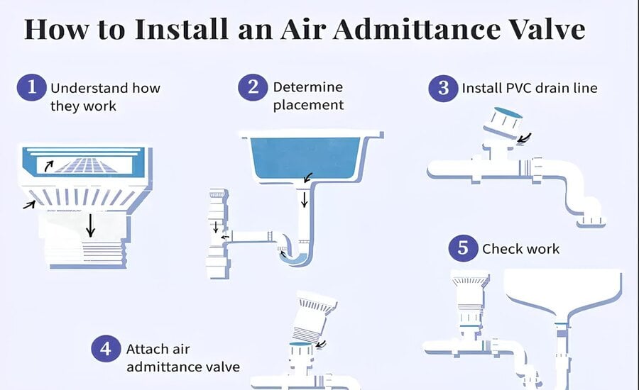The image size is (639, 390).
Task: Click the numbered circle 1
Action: (x=31, y=89)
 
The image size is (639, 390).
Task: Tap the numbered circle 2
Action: (x=253, y=88)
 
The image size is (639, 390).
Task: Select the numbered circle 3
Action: (x=443, y=88)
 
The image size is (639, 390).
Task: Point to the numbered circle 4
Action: (x=106, y=349)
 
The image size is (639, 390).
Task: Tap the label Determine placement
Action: (x=308, y=96)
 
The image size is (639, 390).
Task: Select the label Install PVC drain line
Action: (x=530, y=89)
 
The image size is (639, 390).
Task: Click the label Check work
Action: (x=520, y=249)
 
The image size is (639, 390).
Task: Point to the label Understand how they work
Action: (x=105, y=97)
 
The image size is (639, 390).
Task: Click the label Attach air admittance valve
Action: (x=182, y=358)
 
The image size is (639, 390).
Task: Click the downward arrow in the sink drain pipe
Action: (x=305, y=199)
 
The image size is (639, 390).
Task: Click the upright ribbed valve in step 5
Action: (x=468, y=298)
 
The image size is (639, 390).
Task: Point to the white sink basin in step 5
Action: (x=562, y=291)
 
